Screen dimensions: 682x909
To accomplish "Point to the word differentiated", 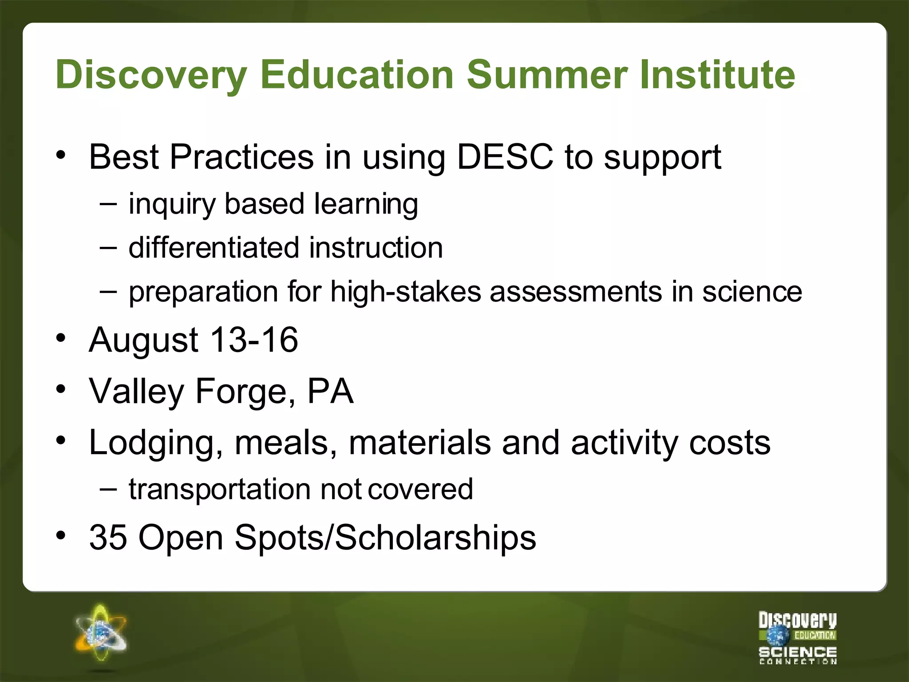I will pyautogui.click(x=215, y=247).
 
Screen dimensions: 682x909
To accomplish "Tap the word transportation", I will pyautogui.click(x=220, y=490).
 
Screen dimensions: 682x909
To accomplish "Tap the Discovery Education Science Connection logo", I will pyautogui.click(x=797, y=638).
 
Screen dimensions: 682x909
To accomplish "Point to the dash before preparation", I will pyautogui.click(x=109, y=291).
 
